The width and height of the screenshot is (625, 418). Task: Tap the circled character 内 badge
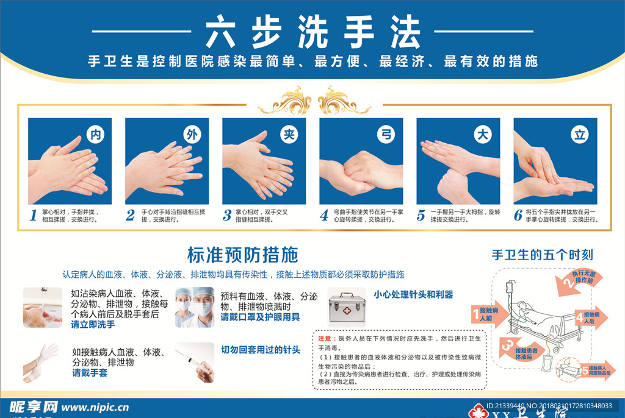95,135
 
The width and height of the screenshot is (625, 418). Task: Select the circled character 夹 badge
288,135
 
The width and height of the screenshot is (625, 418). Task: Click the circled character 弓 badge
385,135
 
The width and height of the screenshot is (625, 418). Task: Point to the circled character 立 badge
579,135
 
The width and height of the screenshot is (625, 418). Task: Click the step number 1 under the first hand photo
34,215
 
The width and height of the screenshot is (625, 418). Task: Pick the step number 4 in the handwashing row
325,215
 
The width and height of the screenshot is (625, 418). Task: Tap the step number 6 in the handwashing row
518,215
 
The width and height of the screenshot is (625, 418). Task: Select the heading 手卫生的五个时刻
543,255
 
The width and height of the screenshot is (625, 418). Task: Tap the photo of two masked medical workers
195,308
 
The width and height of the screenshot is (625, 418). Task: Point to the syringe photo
195,362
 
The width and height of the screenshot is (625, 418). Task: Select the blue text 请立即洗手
93,325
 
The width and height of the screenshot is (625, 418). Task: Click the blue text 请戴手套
90,372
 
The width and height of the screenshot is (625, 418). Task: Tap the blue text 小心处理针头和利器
413,294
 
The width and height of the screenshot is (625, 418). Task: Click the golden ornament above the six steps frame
314,100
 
